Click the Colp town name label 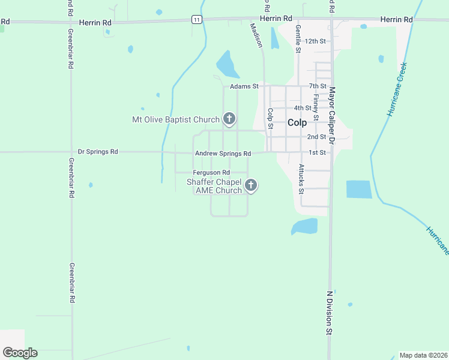click(297, 122)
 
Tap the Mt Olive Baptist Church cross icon click(229, 119)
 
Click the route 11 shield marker click(196, 20)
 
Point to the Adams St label click(244, 86)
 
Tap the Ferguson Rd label click(211, 173)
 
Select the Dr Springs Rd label click(98, 152)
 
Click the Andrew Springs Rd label click(223, 154)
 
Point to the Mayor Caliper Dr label click(331, 115)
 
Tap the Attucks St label click(301, 179)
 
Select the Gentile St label click(297, 38)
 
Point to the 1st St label click(317, 152)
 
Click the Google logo click(20, 352)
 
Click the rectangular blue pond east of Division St click(359, 189)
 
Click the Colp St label click(270, 118)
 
